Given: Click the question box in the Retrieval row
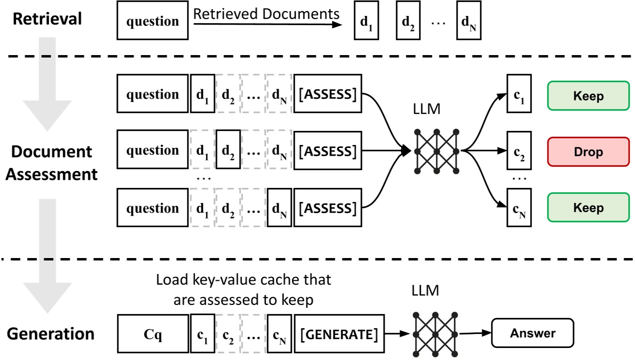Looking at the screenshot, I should click(152, 21).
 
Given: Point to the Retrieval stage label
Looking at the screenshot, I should click(47, 19).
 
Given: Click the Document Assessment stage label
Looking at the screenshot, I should click(52, 162).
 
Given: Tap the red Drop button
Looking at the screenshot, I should click(588, 152).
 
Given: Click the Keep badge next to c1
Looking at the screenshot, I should click(588, 96).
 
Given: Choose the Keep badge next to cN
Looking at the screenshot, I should click(588, 208).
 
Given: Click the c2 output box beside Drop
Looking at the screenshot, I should click(519, 152).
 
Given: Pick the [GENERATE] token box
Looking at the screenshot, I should click(339, 333).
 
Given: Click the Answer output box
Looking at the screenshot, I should click(532, 333).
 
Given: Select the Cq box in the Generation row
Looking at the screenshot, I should click(152, 333).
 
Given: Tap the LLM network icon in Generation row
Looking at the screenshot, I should click(436, 333).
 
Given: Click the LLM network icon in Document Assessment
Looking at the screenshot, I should click(436, 151).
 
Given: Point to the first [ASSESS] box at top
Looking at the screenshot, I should click(328, 94).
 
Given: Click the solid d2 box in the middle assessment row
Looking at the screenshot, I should click(228, 152).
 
